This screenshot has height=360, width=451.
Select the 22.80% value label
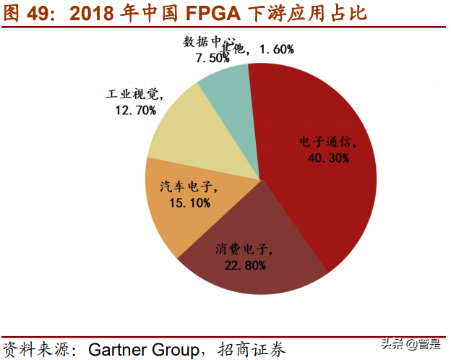[244, 265]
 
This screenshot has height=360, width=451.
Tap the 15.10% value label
[189, 203]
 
